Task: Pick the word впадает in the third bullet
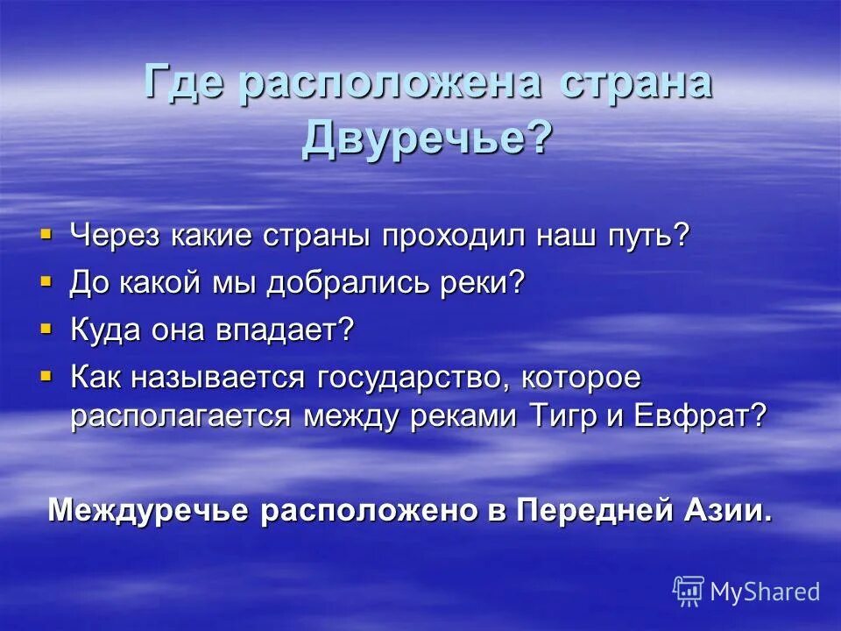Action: tap(294, 330)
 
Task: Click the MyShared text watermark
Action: tap(765, 592)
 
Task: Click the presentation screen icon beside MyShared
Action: tap(688, 591)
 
